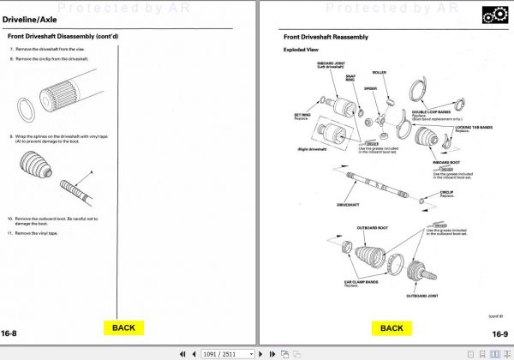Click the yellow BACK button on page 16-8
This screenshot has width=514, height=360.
pos(123,327)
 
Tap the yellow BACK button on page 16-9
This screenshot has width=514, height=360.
pos(391,327)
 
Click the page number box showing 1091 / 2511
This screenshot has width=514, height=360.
pos(218,353)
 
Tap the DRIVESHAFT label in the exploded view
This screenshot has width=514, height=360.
pos(347,206)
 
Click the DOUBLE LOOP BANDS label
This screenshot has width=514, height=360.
pos(432,111)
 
